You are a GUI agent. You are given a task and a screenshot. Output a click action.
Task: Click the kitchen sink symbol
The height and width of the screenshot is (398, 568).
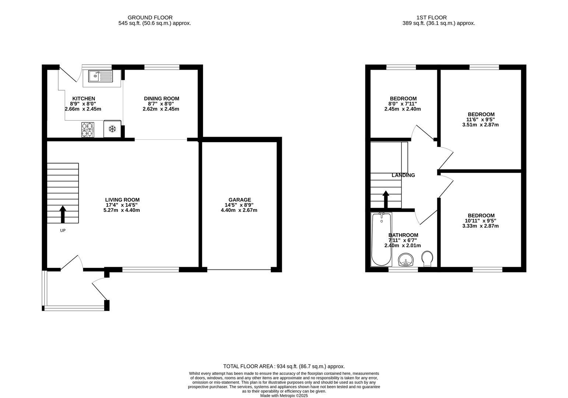click(x=101, y=76)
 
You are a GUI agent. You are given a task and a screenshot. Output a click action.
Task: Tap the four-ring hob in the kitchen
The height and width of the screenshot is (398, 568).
click(x=88, y=129)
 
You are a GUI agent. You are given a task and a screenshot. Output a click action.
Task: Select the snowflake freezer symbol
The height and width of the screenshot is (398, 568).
click(x=112, y=129)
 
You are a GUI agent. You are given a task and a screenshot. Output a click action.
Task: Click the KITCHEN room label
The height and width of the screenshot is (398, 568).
click(x=84, y=98)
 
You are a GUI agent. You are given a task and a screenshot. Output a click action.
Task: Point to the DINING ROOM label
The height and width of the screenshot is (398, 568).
click(x=161, y=98)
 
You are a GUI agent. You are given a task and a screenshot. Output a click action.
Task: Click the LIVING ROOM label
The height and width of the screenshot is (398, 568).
click(x=122, y=200)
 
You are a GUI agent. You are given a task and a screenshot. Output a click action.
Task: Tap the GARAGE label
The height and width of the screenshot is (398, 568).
click(x=239, y=200)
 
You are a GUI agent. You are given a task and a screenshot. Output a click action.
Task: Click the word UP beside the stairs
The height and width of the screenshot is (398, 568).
click(x=63, y=231)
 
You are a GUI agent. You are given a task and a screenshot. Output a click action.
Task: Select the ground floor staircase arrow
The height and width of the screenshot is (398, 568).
click(x=63, y=214)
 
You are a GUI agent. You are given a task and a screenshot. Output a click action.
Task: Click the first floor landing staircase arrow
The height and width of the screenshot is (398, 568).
click(x=386, y=199)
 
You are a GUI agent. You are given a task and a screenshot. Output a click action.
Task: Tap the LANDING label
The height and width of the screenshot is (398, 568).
click(x=403, y=175)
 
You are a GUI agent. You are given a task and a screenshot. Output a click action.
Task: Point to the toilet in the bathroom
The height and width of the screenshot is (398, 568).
click(x=427, y=259)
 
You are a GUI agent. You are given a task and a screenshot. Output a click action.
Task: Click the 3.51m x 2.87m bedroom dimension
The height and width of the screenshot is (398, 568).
click(x=480, y=125)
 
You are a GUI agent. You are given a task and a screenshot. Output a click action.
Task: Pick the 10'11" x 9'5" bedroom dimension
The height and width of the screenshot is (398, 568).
click(x=480, y=221)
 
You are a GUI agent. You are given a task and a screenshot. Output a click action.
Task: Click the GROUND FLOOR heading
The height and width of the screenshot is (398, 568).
click(x=150, y=17)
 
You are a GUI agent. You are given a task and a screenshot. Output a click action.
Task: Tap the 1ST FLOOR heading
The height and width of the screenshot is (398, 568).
click(x=431, y=17)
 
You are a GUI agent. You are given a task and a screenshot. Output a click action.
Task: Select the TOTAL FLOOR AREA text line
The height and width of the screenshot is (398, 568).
click(x=284, y=366)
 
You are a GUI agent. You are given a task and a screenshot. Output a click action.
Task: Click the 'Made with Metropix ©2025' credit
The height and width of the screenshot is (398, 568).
click(x=284, y=395)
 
